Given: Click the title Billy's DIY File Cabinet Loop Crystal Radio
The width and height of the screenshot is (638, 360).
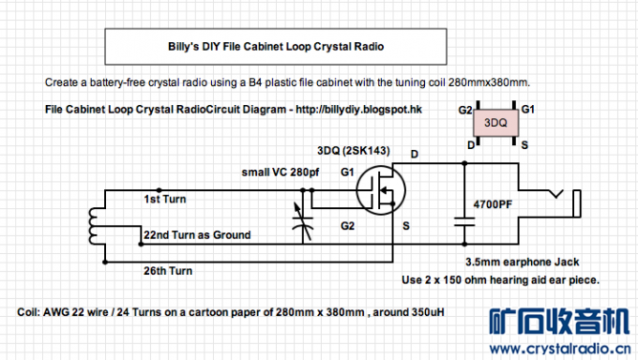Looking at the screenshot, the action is pyautogui.click(x=276, y=46).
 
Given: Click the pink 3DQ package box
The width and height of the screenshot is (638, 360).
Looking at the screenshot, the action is pyautogui.click(x=495, y=123).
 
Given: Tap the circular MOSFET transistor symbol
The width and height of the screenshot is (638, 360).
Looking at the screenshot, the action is pyautogui.click(x=380, y=190).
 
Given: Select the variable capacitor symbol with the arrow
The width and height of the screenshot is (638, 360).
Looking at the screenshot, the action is pyautogui.click(x=303, y=221).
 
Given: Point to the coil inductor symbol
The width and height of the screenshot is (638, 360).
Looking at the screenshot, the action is pyautogui.click(x=93, y=226).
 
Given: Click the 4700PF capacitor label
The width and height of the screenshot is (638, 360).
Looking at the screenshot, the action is pyautogui.click(x=493, y=204).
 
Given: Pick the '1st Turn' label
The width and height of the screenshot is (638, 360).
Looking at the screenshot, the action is pyautogui.click(x=165, y=199).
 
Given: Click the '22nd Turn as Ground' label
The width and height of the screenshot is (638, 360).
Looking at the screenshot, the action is pyautogui.click(x=197, y=234).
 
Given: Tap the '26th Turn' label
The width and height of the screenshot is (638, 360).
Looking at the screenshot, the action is pyautogui.click(x=168, y=271).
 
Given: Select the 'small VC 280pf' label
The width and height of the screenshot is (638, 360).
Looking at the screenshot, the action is pyautogui.click(x=281, y=172).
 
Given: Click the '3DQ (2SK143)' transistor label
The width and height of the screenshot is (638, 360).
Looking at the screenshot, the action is pyautogui.click(x=354, y=151).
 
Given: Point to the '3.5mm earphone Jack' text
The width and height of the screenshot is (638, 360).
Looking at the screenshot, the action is pyautogui.click(x=523, y=262).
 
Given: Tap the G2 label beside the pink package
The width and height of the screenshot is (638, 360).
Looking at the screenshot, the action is pyautogui.click(x=465, y=111).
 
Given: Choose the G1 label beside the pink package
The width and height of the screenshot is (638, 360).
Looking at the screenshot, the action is pyautogui.click(x=527, y=110).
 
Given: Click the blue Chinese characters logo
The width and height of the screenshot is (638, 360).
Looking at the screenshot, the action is pyautogui.click(x=559, y=322).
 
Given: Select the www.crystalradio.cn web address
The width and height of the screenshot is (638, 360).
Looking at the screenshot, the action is pyautogui.click(x=560, y=349).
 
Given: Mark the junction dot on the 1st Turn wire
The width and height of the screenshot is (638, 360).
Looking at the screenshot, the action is pyautogui.click(x=159, y=190).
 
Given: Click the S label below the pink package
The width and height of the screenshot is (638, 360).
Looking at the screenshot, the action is pyautogui.click(x=524, y=145).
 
